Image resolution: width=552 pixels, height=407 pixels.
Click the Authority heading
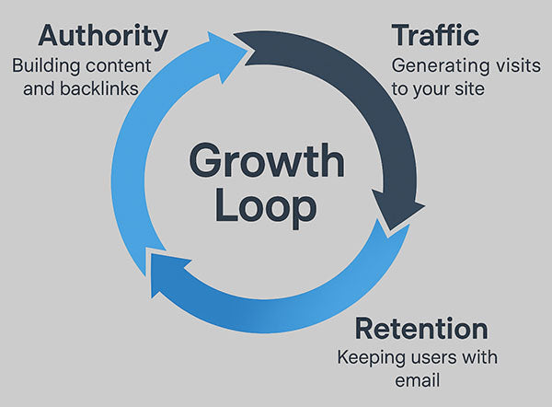[x=102, y=38]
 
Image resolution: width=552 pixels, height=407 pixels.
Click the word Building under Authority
[x=44, y=67]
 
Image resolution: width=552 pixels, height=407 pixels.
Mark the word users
[x=431, y=357]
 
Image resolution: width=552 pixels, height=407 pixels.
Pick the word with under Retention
[x=475, y=357]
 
